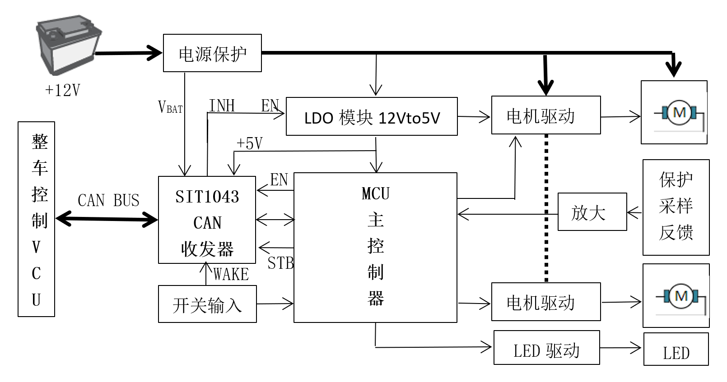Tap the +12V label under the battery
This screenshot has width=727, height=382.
tap(63, 90)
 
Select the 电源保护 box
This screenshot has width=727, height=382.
tap(212, 53)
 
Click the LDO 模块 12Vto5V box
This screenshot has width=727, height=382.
tap(372, 117)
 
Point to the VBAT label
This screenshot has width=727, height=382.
tap(170, 107)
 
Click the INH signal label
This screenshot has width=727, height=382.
tap(222, 106)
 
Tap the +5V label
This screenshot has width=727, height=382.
tap(249, 143)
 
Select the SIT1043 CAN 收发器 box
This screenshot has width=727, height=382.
tap(207, 220)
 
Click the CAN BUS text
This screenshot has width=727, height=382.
tap(108, 200)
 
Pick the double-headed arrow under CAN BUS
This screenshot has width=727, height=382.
tap(107, 220)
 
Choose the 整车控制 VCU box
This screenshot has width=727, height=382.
tap(37, 219)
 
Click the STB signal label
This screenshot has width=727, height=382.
tap(280, 263)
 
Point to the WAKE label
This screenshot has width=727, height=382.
tap(231, 274)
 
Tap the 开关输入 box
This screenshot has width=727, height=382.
tap(207, 304)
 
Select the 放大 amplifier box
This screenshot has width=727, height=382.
tap(592, 212)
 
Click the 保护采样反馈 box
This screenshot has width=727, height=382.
tap(676, 207)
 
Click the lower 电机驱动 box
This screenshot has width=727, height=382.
tap(545, 302)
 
